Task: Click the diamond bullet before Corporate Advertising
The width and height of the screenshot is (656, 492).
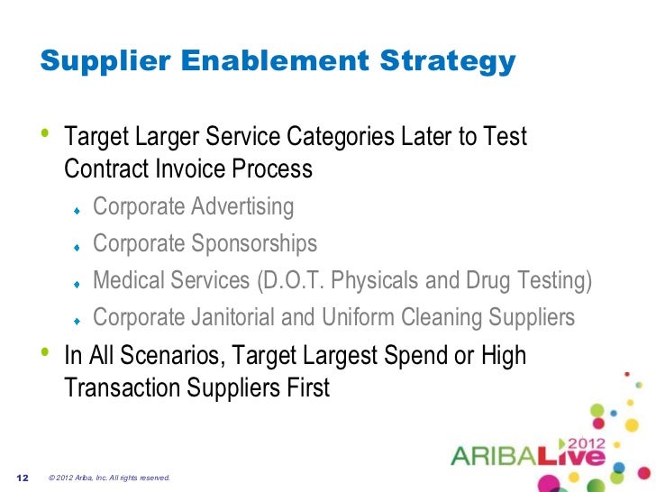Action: point(78,210)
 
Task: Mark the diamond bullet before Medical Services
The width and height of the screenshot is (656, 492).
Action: point(78,284)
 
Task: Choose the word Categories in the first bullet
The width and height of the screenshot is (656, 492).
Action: point(333,138)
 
